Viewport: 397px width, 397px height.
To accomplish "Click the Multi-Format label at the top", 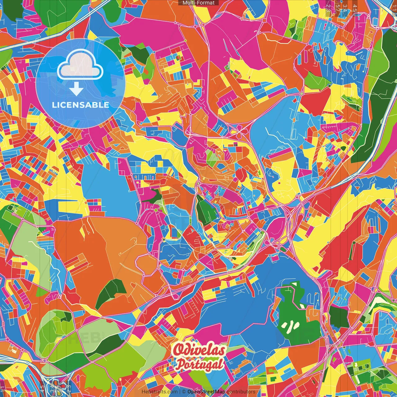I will point(198,3).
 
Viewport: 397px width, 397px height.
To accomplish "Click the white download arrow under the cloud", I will point(76,89).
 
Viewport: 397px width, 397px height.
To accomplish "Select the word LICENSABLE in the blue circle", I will point(80,105).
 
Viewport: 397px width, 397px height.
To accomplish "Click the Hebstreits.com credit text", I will point(159,392).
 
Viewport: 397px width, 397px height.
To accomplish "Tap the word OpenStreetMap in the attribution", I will point(206,392).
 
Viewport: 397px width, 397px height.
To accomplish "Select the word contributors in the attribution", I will point(241,392).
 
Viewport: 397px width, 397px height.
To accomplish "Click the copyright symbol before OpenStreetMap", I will point(184,392).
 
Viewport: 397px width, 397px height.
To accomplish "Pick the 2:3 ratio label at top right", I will point(328,7).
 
